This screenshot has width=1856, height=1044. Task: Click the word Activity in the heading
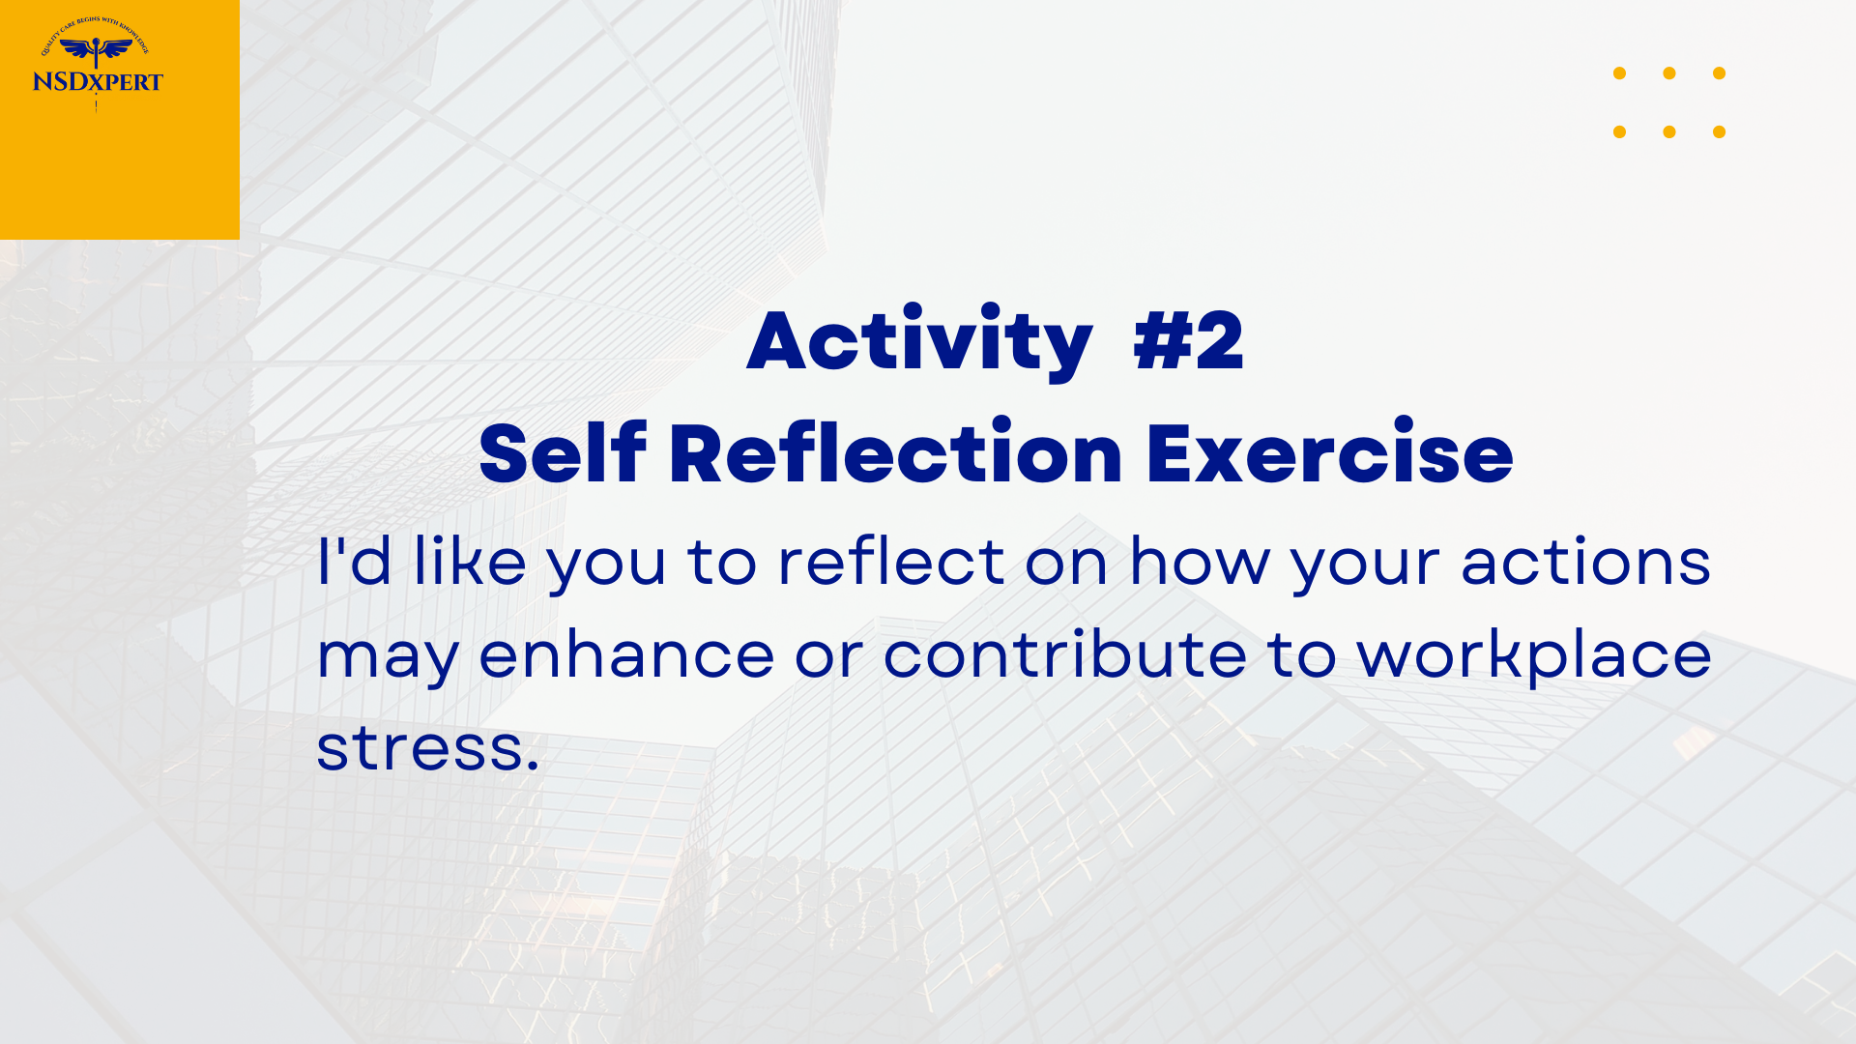point(919,341)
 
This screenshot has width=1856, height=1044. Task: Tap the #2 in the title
point(1188,340)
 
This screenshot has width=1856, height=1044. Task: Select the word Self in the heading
point(562,450)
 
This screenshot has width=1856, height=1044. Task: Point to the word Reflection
point(895,450)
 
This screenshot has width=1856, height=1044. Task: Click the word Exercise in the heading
point(1329,452)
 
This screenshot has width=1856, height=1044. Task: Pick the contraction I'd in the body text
point(354,561)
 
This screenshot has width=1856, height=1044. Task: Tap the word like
point(470,561)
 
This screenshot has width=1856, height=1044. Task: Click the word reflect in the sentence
point(891,561)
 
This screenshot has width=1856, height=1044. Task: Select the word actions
point(1585,561)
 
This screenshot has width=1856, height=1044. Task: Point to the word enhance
point(626,653)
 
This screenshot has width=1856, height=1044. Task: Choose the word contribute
point(1065,653)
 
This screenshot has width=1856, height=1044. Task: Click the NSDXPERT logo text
point(98,82)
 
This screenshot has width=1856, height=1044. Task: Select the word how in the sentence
point(1200,561)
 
